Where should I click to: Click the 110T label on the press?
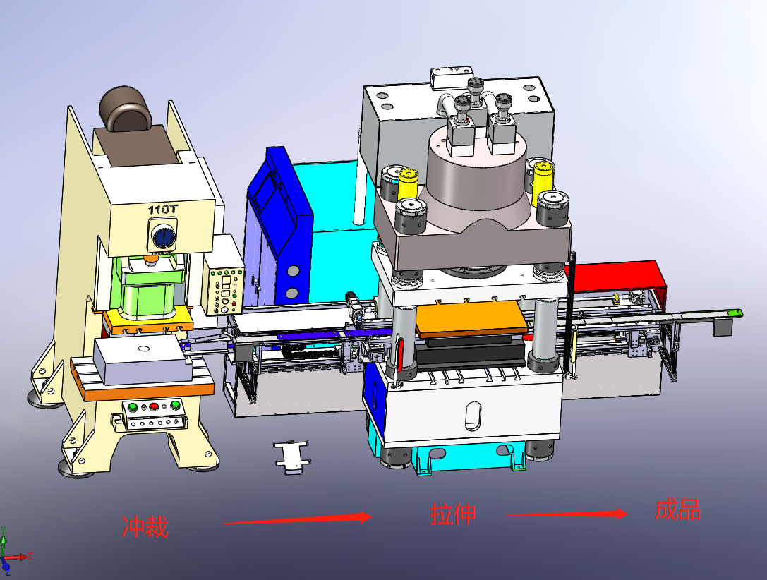click(163, 210)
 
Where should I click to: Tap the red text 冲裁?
click(145, 527)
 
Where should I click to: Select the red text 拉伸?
click(453, 514)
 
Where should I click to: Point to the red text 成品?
click(678, 510)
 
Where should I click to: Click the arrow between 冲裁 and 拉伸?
click(297, 519)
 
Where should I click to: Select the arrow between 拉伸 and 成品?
click(567, 514)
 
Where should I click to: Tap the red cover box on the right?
click(617, 277)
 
